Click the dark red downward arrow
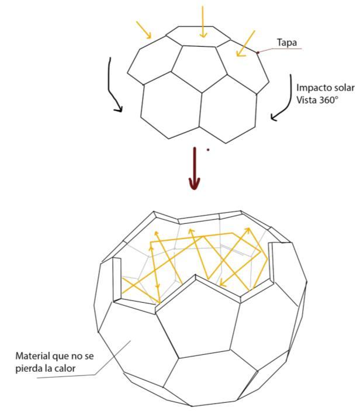(x=195, y=170)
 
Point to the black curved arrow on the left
(x=115, y=85)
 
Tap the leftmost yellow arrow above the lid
(x=143, y=30)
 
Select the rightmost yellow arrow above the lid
(x=247, y=43)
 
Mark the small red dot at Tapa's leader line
(x=258, y=53)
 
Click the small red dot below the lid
(x=207, y=150)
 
